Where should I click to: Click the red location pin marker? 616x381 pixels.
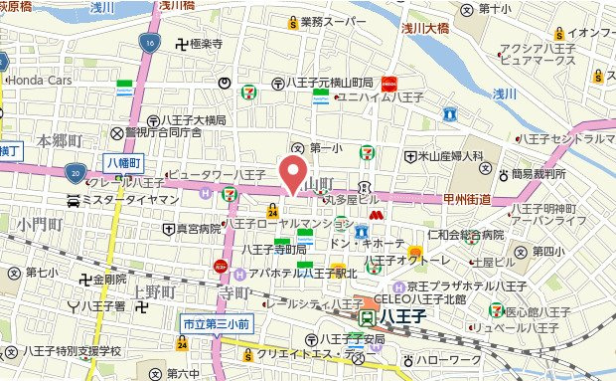click(x=291, y=172)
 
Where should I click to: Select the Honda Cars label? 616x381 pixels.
click(x=40, y=80)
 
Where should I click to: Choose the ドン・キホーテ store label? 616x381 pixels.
click(x=367, y=244)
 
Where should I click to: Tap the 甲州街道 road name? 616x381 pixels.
click(x=467, y=200)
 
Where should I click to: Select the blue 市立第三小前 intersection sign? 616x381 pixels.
click(x=215, y=324)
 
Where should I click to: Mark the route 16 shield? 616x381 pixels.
click(x=148, y=43)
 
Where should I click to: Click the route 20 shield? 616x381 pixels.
click(x=76, y=173)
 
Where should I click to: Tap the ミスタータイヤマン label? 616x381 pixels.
click(x=123, y=200)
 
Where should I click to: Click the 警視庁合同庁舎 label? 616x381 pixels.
click(x=163, y=132)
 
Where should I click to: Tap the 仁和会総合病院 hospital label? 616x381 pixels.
click(x=465, y=235)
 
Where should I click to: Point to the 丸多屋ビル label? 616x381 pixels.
click(x=348, y=200)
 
